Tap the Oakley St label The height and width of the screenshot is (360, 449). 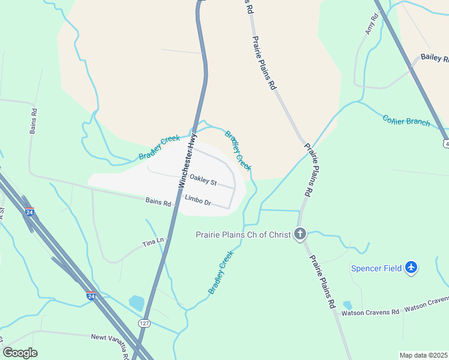pos(203,179)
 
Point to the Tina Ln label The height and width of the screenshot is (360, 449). pos(152,242)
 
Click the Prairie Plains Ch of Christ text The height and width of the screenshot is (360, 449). pos(243,234)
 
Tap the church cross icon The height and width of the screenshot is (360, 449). pos(300,234)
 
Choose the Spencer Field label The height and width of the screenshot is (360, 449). pos(376,268)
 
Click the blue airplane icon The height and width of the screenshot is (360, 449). pos(411,267)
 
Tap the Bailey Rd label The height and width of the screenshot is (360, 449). pos(434,58)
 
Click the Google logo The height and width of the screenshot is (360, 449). pos(20,353)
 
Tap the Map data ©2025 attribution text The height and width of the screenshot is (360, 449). pos(423,355)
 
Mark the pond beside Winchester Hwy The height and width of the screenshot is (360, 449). pos(137,303)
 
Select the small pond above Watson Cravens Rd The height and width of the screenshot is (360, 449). pos(348,305)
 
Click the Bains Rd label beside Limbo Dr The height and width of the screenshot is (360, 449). pos(158,203)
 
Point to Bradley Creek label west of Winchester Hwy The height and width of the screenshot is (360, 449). pos(159,147)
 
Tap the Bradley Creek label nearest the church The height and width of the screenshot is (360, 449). pos(220,272)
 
